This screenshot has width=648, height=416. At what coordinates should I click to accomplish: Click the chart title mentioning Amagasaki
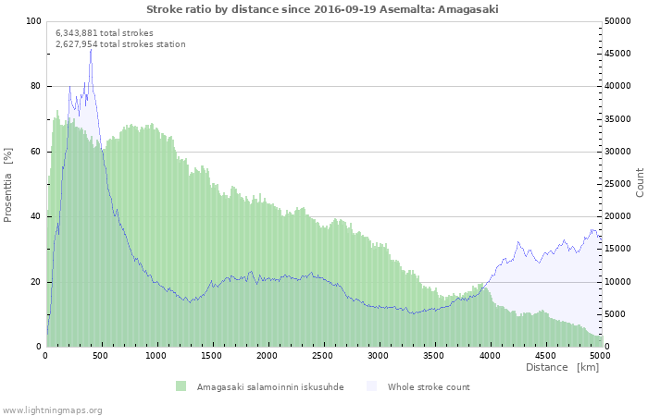[x=322, y=8]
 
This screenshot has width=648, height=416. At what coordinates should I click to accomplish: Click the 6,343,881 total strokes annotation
[x=105, y=32]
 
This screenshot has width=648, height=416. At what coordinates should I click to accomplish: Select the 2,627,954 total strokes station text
[x=120, y=43]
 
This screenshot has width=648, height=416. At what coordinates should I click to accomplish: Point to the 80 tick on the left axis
[x=36, y=86]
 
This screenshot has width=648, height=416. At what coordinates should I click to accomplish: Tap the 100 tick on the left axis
[x=33, y=21]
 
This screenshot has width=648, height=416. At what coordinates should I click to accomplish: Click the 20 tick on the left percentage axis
[x=36, y=282]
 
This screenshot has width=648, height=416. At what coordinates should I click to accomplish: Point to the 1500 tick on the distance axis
[x=212, y=355]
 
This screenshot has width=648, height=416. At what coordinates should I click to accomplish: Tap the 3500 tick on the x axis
[x=434, y=355]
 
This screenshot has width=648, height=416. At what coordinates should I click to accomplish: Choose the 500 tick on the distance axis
[x=102, y=355]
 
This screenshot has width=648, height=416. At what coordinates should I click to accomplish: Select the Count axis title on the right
[x=640, y=182]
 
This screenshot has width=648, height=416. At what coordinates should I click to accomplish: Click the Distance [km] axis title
[x=562, y=368]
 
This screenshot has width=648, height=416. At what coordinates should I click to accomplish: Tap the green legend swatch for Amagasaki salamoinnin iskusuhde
[x=181, y=386]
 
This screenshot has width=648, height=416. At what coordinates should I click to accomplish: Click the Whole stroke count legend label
[x=429, y=386]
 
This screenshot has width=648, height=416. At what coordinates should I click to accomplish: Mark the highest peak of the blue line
[x=91, y=49]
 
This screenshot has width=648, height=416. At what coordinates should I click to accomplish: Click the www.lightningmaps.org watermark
[x=52, y=410]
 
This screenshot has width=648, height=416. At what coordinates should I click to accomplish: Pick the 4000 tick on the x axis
[x=490, y=355]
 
